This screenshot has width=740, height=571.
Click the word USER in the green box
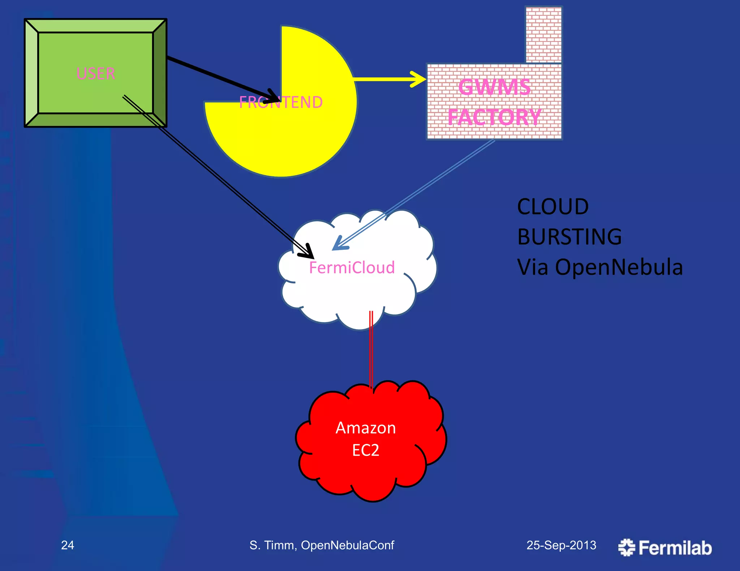pyautogui.click(x=96, y=74)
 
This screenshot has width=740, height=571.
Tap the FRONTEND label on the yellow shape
pyautogui.click(x=281, y=103)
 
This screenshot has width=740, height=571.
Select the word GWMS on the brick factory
pyautogui.click(x=494, y=87)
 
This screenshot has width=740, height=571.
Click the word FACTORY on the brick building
pyautogui.click(x=494, y=117)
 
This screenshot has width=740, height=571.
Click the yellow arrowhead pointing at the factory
pyautogui.click(x=419, y=79)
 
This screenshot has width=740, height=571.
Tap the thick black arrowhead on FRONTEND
pyautogui.click(x=273, y=96)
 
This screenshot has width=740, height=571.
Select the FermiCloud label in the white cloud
pyautogui.click(x=352, y=268)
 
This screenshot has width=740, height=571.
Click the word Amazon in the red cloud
pyautogui.click(x=366, y=428)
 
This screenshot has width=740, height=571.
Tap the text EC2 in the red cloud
pyautogui.click(x=366, y=450)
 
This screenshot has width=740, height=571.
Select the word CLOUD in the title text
pyautogui.click(x=553, y=207)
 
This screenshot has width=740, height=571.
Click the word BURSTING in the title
pyautogui.click(x=569, y=237)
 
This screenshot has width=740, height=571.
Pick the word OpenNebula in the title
pyautogui.click(x=619, y=267)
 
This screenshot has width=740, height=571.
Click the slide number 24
pyautogui.click(x=68, y=545)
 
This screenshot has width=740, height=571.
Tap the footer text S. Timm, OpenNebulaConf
pyautogui.click(x=322, y=545)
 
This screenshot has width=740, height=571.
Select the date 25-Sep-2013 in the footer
pyautogui.click(x=561, y=545)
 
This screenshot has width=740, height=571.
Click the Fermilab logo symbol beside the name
pyautogui.click(x=627, y=548)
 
